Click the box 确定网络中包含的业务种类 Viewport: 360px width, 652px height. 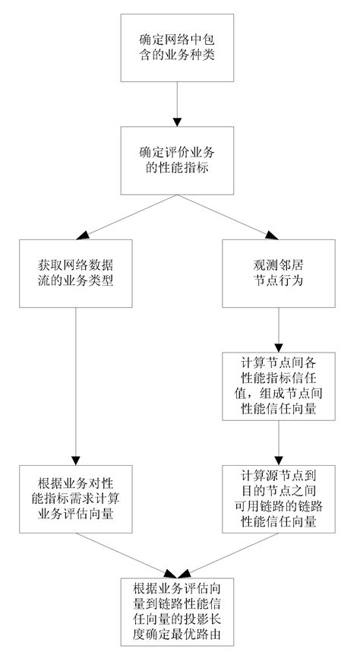[x=176, y=47]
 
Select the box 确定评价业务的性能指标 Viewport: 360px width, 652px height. [x=176, y=161]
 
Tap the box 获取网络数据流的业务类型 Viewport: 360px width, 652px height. [x=77, y=274]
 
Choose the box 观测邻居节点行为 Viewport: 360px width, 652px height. [x=279, y=274]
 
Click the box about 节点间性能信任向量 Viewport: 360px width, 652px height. [x=279, y=386]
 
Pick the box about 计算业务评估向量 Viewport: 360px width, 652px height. [x=77, y=500]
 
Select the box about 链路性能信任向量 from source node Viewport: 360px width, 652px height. [x=279, y=500]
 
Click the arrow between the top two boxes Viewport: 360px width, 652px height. [x=176, y=103]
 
